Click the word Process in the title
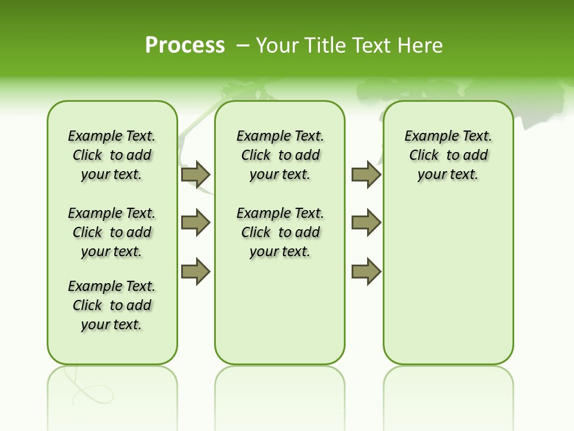click(185, 45)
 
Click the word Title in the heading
click(325, 45)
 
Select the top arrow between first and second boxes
click(196, 174)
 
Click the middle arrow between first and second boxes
click(196, 223)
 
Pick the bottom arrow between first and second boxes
click(196, 272)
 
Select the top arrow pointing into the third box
click(366, 174)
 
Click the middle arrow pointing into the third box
click(366, 223)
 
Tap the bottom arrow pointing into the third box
click(366, 272)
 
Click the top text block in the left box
click(112, 155)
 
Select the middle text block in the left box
click(112, 232)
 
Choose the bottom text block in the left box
click(112, 305)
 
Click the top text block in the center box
click(280, 155)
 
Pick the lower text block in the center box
click(280, 232)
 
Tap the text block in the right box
click(448, 155)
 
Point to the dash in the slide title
click(243, 45)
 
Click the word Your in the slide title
click(276, 45)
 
